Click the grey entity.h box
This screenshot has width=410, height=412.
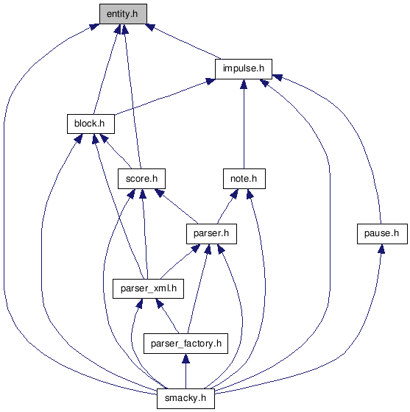coord(123,14)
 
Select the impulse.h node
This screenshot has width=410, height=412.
coord(244,69)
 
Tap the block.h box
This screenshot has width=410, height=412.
coord(91,124)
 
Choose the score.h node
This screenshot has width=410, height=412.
coord(141,179)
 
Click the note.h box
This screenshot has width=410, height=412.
coord(244,179)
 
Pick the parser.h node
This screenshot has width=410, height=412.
coord(211,234)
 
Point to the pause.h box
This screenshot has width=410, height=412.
coord(382,234)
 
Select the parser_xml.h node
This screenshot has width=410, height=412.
coord(148,288)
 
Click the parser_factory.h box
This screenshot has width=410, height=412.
coord(185,344)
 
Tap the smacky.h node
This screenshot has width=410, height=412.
coord(185,398)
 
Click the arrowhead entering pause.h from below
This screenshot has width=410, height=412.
coord(381,249)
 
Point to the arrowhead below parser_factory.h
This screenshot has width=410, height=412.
coord(185,359)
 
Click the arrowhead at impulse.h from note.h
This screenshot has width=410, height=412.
coord(244,84)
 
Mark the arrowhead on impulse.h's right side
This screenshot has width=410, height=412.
coord(278,77)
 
